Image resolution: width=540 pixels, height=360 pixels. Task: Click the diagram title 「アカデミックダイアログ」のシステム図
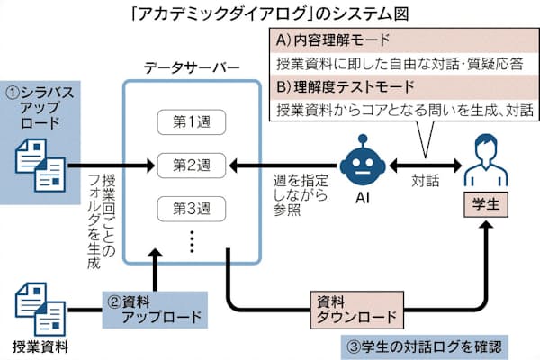(x=269, y=14)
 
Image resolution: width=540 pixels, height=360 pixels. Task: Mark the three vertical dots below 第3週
(x=191, y=240)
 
